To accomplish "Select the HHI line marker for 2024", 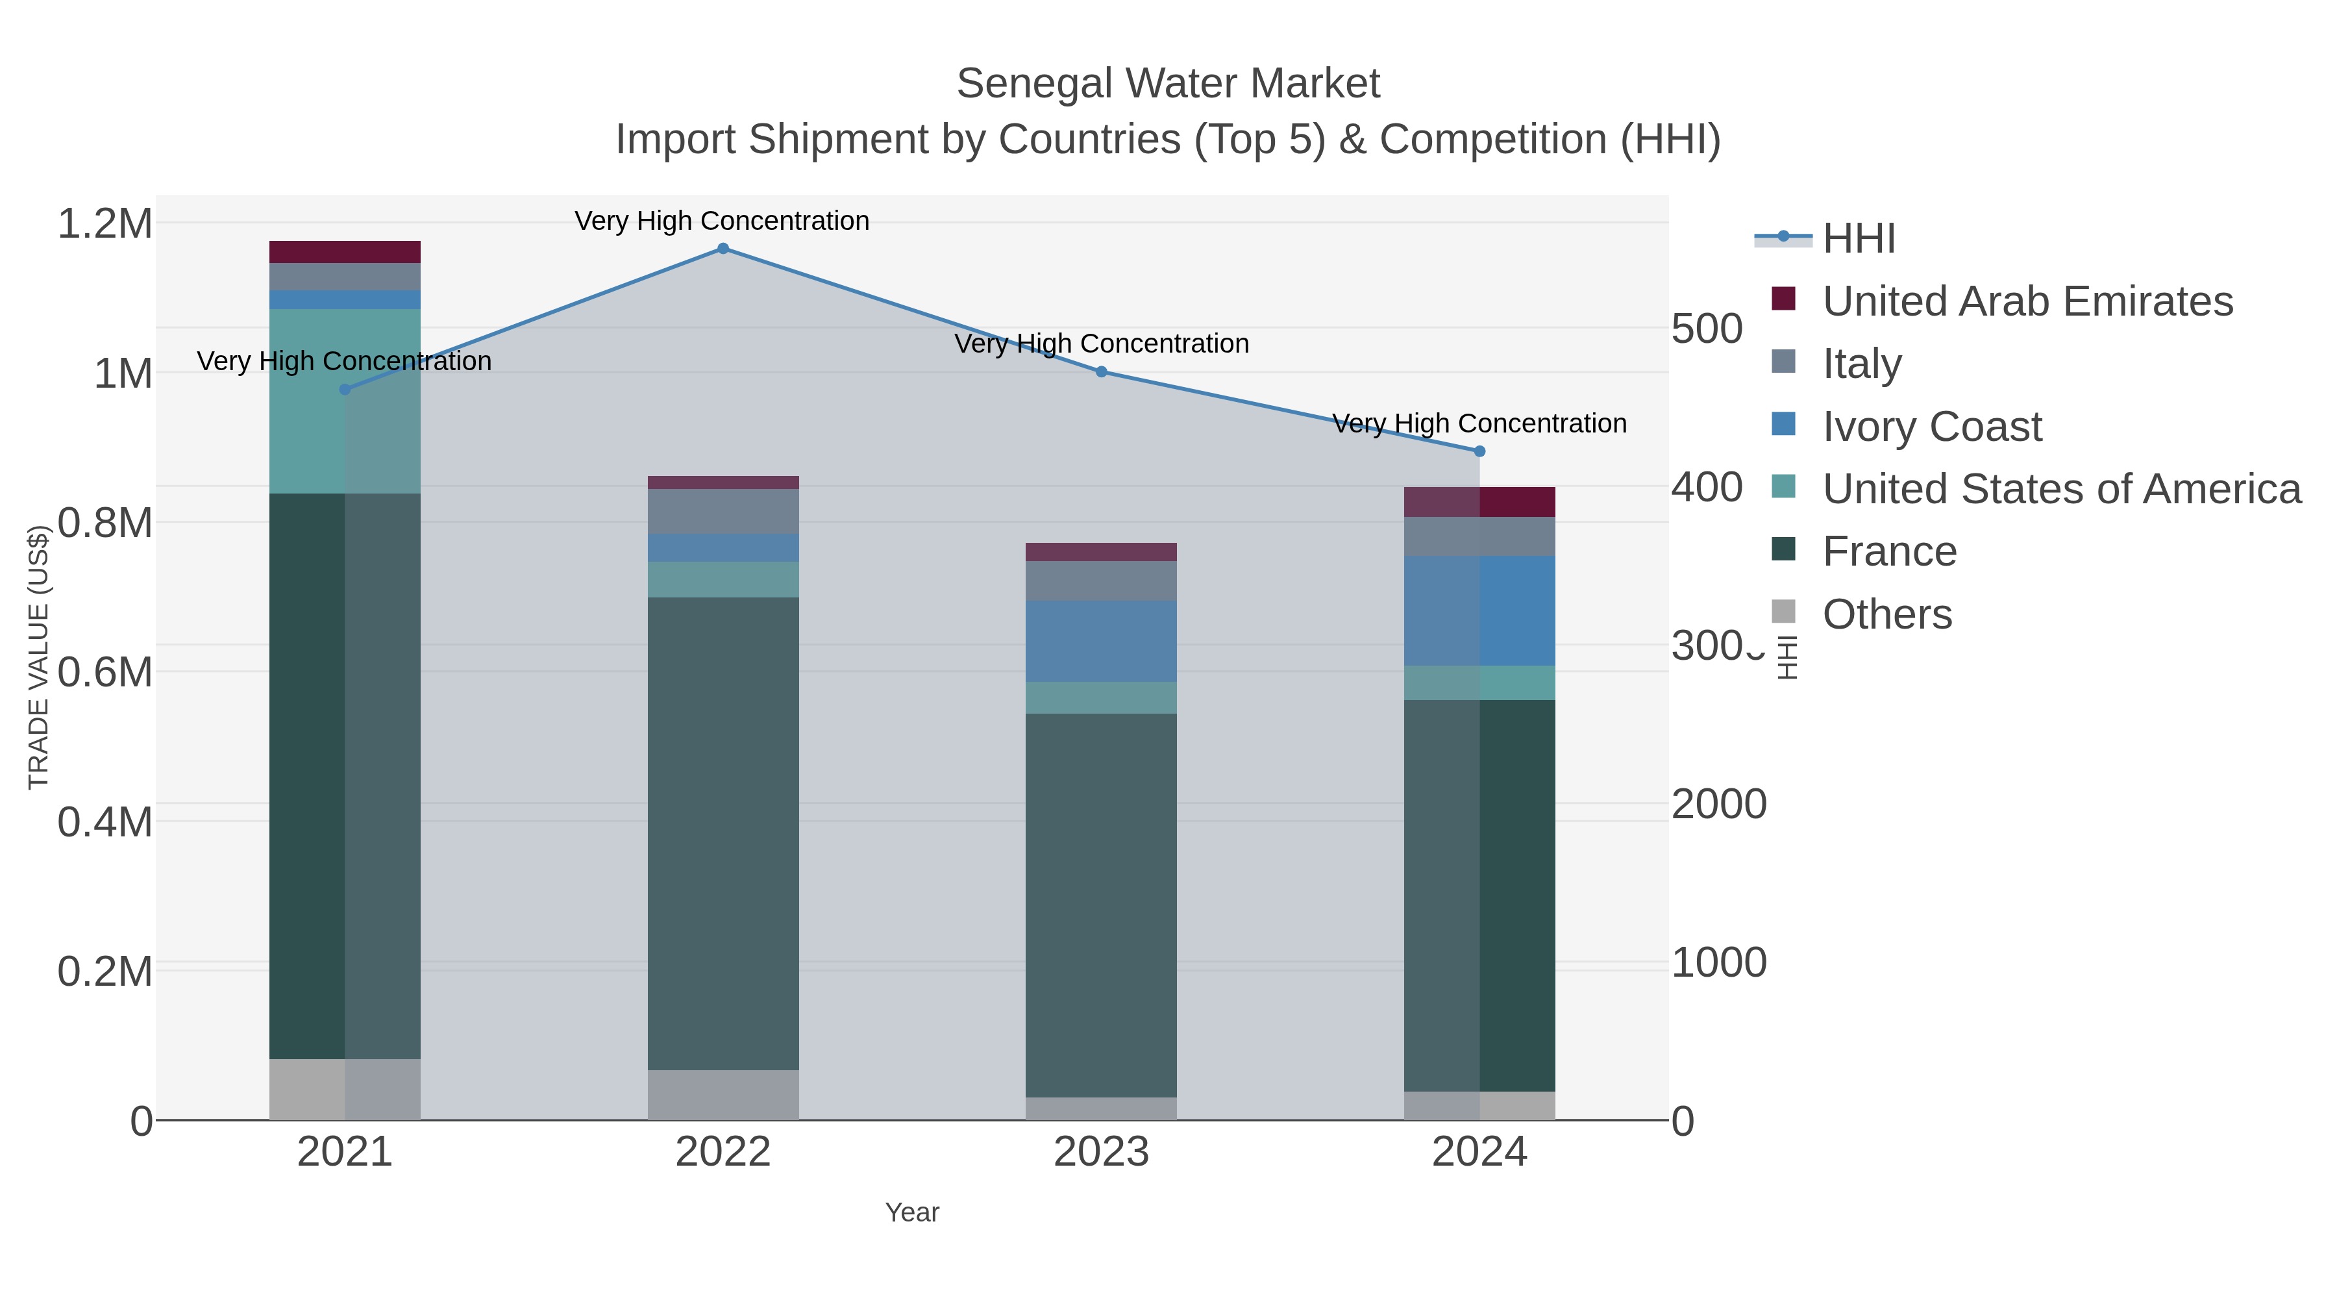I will pyautogui.click(x=1479, y=451).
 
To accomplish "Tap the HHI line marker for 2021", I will pyautogui.click(x=345, y=390).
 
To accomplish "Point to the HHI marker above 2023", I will pyautogui.click(x=1102, y=371).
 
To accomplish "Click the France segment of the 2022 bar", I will pyautogui.click(x=723, y=833).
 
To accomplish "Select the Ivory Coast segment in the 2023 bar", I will pyautogui.click(x=1102, y=641).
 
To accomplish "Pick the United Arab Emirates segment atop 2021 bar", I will pyautogui.click(x=345, y=251).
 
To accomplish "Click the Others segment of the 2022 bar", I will pyautogui.click(x=723, y=1094).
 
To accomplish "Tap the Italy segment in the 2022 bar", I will pyautogui.click(x=723, y=511).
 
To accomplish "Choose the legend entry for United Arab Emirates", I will pyautogui.click(x=2027, y=301).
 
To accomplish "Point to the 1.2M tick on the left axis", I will pyautogui.click(x=105, y=223).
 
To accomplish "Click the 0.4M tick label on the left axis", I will pyautogui.click(x=105, y=822).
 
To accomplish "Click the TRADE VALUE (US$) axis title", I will pyautogui.click(x=38, y=657).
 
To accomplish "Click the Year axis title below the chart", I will pyautogui.click(x=912, y=1212).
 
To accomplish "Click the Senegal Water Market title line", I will pyautogui.click(x=1168, y=84).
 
